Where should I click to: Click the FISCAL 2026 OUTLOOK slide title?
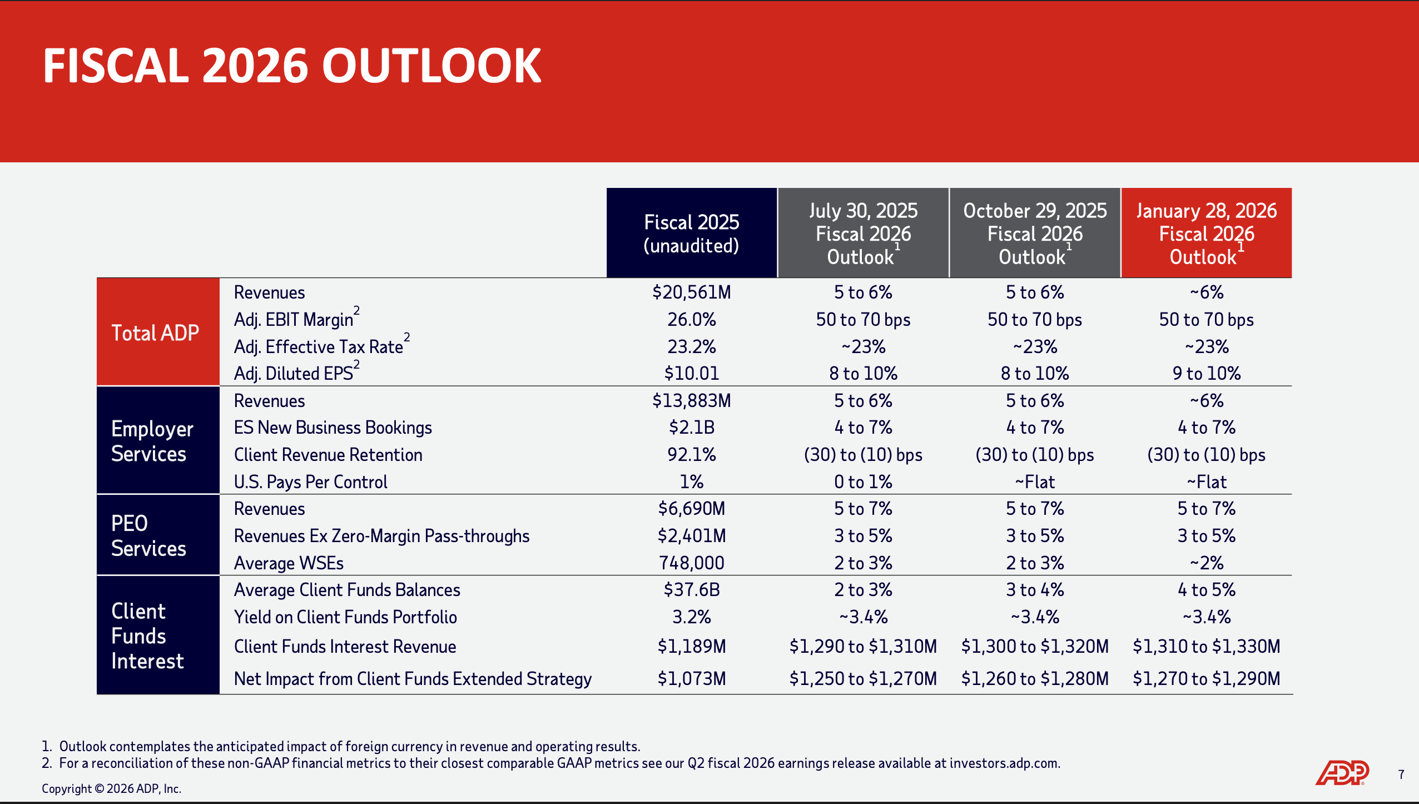coord(292,66)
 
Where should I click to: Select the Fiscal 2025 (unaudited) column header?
coord(691,234)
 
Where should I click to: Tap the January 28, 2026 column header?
coord(1206,234)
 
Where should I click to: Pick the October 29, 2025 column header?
coord(1034,234)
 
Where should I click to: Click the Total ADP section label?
coord(155,332)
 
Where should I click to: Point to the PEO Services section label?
coord(148,535)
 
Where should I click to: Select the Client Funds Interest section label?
coord(147,636)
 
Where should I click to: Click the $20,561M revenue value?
coord(691,292)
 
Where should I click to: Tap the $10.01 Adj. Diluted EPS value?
coord(691,373)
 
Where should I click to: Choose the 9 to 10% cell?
coord(1206,373)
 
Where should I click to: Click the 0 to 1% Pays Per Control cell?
coord(863,482)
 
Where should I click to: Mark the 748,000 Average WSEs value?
coord(691,563)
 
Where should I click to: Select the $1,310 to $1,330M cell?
coord(1206,646)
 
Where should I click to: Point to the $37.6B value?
coord(691,589)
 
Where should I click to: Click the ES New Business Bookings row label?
coord(333,428)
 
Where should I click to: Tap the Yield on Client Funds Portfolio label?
coord(345,617)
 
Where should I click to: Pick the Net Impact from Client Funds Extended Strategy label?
coord(413,679)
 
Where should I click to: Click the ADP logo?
coord(1342,772)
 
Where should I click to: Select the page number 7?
coord(1401,775)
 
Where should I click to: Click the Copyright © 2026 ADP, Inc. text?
coord(111,788)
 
